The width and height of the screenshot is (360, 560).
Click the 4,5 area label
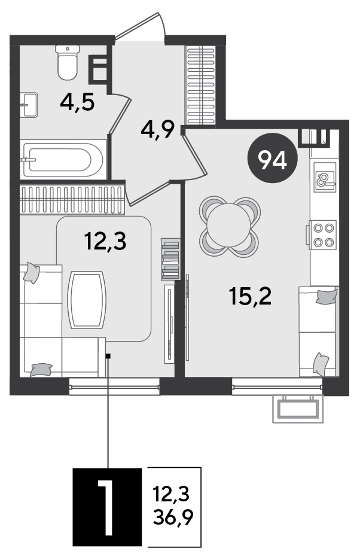click(x=78, y=103)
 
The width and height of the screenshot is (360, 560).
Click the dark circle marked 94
click(x=273, y=158)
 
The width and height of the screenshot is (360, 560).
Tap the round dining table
click(x=229, y=226)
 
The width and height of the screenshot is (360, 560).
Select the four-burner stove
click(x=323, y=235)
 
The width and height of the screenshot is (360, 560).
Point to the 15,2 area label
click(x=251, y=296)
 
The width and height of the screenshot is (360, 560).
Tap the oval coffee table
click(x=87, y=300)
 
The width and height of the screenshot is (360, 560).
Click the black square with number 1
click(x=108, y=507)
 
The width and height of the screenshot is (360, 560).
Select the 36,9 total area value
click(x=173, y=517)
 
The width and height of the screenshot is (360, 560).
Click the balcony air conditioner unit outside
click(x=298, y=409)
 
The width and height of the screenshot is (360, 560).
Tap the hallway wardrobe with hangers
click(x=202, y=86)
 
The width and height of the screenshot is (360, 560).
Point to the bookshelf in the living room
click(x=170, y=259)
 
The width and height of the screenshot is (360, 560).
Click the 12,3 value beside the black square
click(x=172, y=495)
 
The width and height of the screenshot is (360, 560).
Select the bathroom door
click(x=118, y=114)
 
